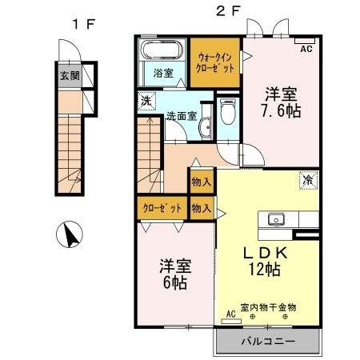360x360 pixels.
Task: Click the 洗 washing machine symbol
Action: click(146, 102)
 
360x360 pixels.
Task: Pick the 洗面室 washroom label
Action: click(180, 116)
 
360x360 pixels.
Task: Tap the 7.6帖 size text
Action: click(282, 111)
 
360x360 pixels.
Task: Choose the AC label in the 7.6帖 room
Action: click(305, 49)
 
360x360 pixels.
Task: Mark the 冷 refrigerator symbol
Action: click(307, 182)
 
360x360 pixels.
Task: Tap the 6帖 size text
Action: click(174, 282)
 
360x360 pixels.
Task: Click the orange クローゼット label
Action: click(162, 208)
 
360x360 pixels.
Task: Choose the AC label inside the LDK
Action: click(230, 314)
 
